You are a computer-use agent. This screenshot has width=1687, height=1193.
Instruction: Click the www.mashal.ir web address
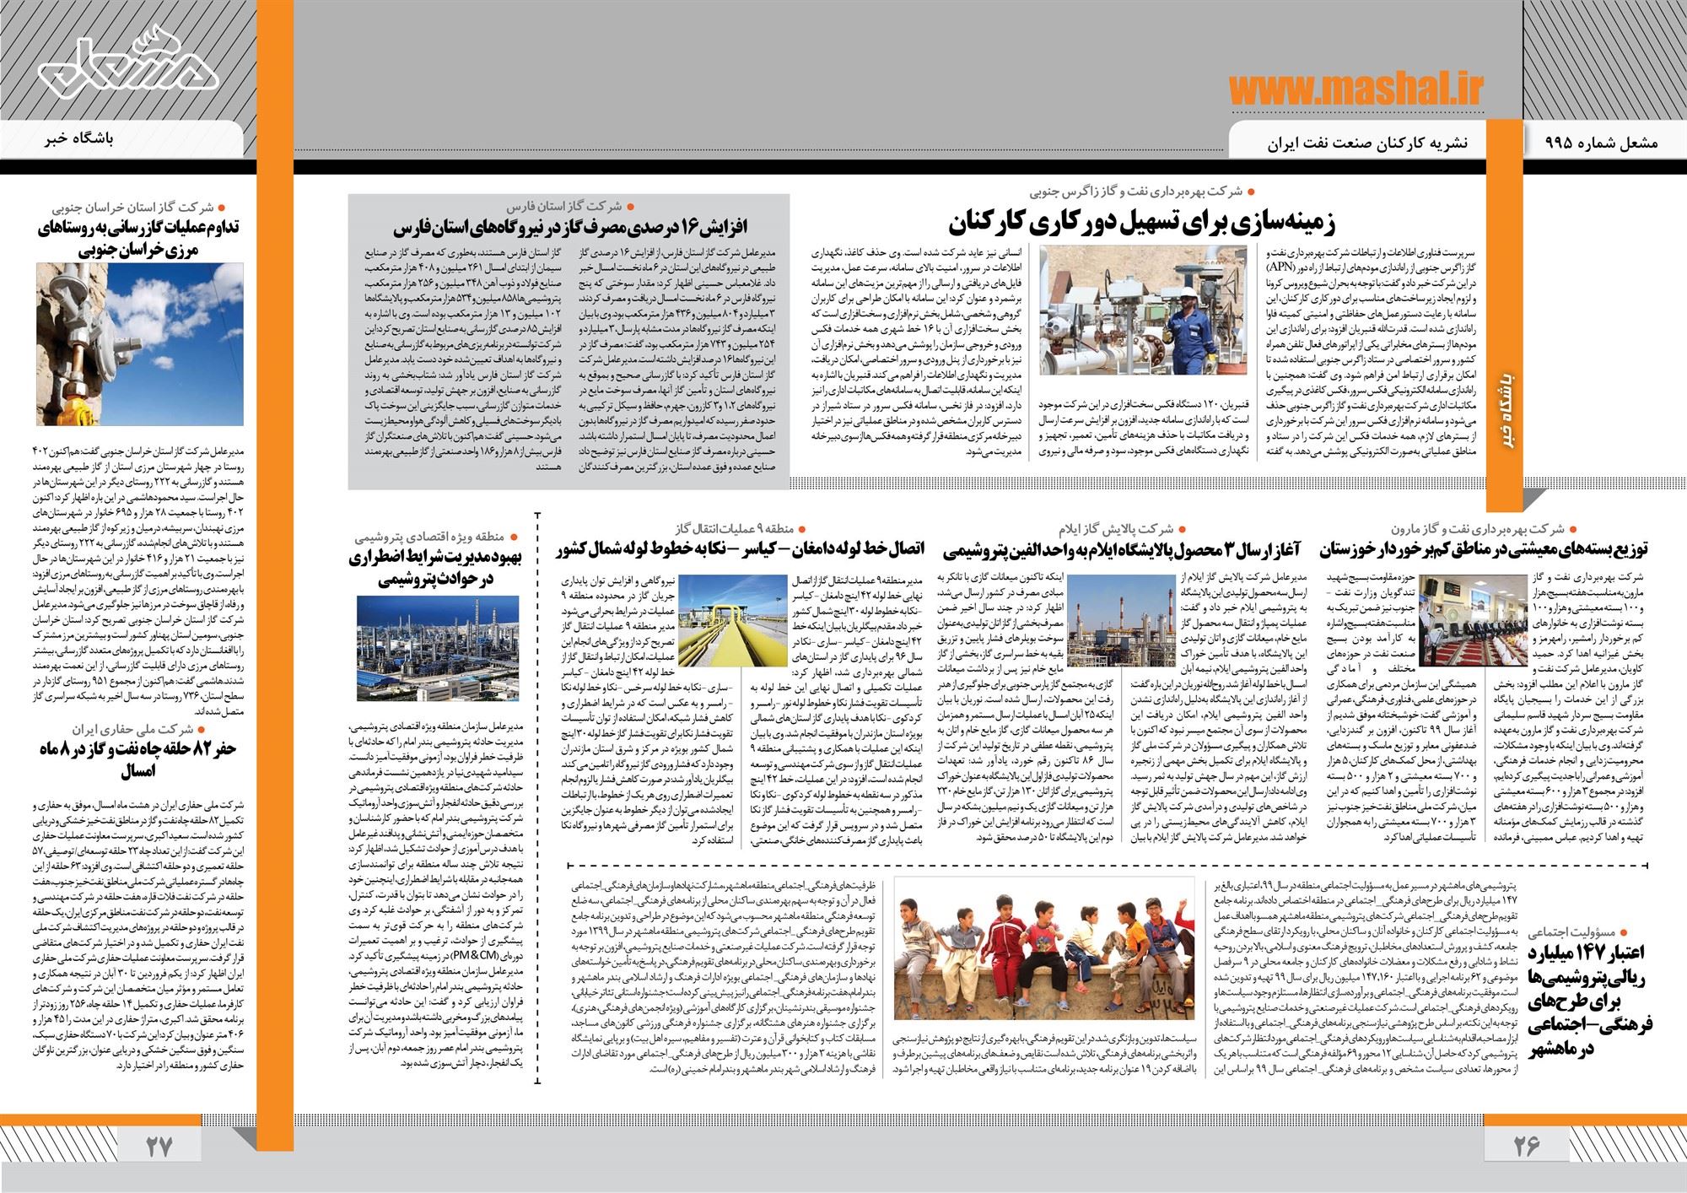(1356, 88)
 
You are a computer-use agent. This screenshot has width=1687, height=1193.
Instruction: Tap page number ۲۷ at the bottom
(159, 1145)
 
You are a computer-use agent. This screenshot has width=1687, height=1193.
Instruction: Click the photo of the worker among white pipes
(1143, 310)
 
